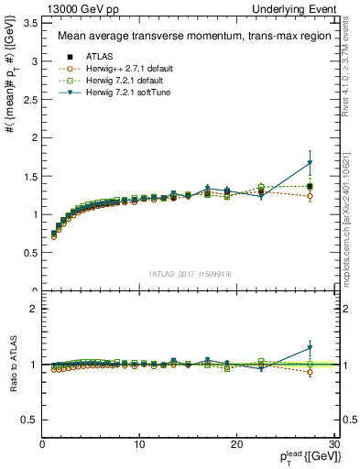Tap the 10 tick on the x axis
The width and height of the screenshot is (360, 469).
coord(139,444)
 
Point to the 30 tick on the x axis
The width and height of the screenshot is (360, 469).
coord(333,444)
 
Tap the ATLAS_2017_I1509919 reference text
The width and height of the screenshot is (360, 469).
coord(189,273)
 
